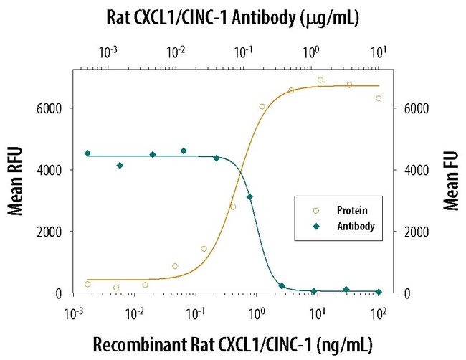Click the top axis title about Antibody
pos(233,16)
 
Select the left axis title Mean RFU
pos(15,181)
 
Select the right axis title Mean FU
pos(450,181)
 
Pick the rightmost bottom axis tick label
pos(379,311)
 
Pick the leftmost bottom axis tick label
pos(72,311)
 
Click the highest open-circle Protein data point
pos(320,80)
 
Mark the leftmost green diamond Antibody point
pos(87,153)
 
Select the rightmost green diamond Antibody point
pos(379,292)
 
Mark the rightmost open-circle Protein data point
pos(379,98)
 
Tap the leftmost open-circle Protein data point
pos(87,284)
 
